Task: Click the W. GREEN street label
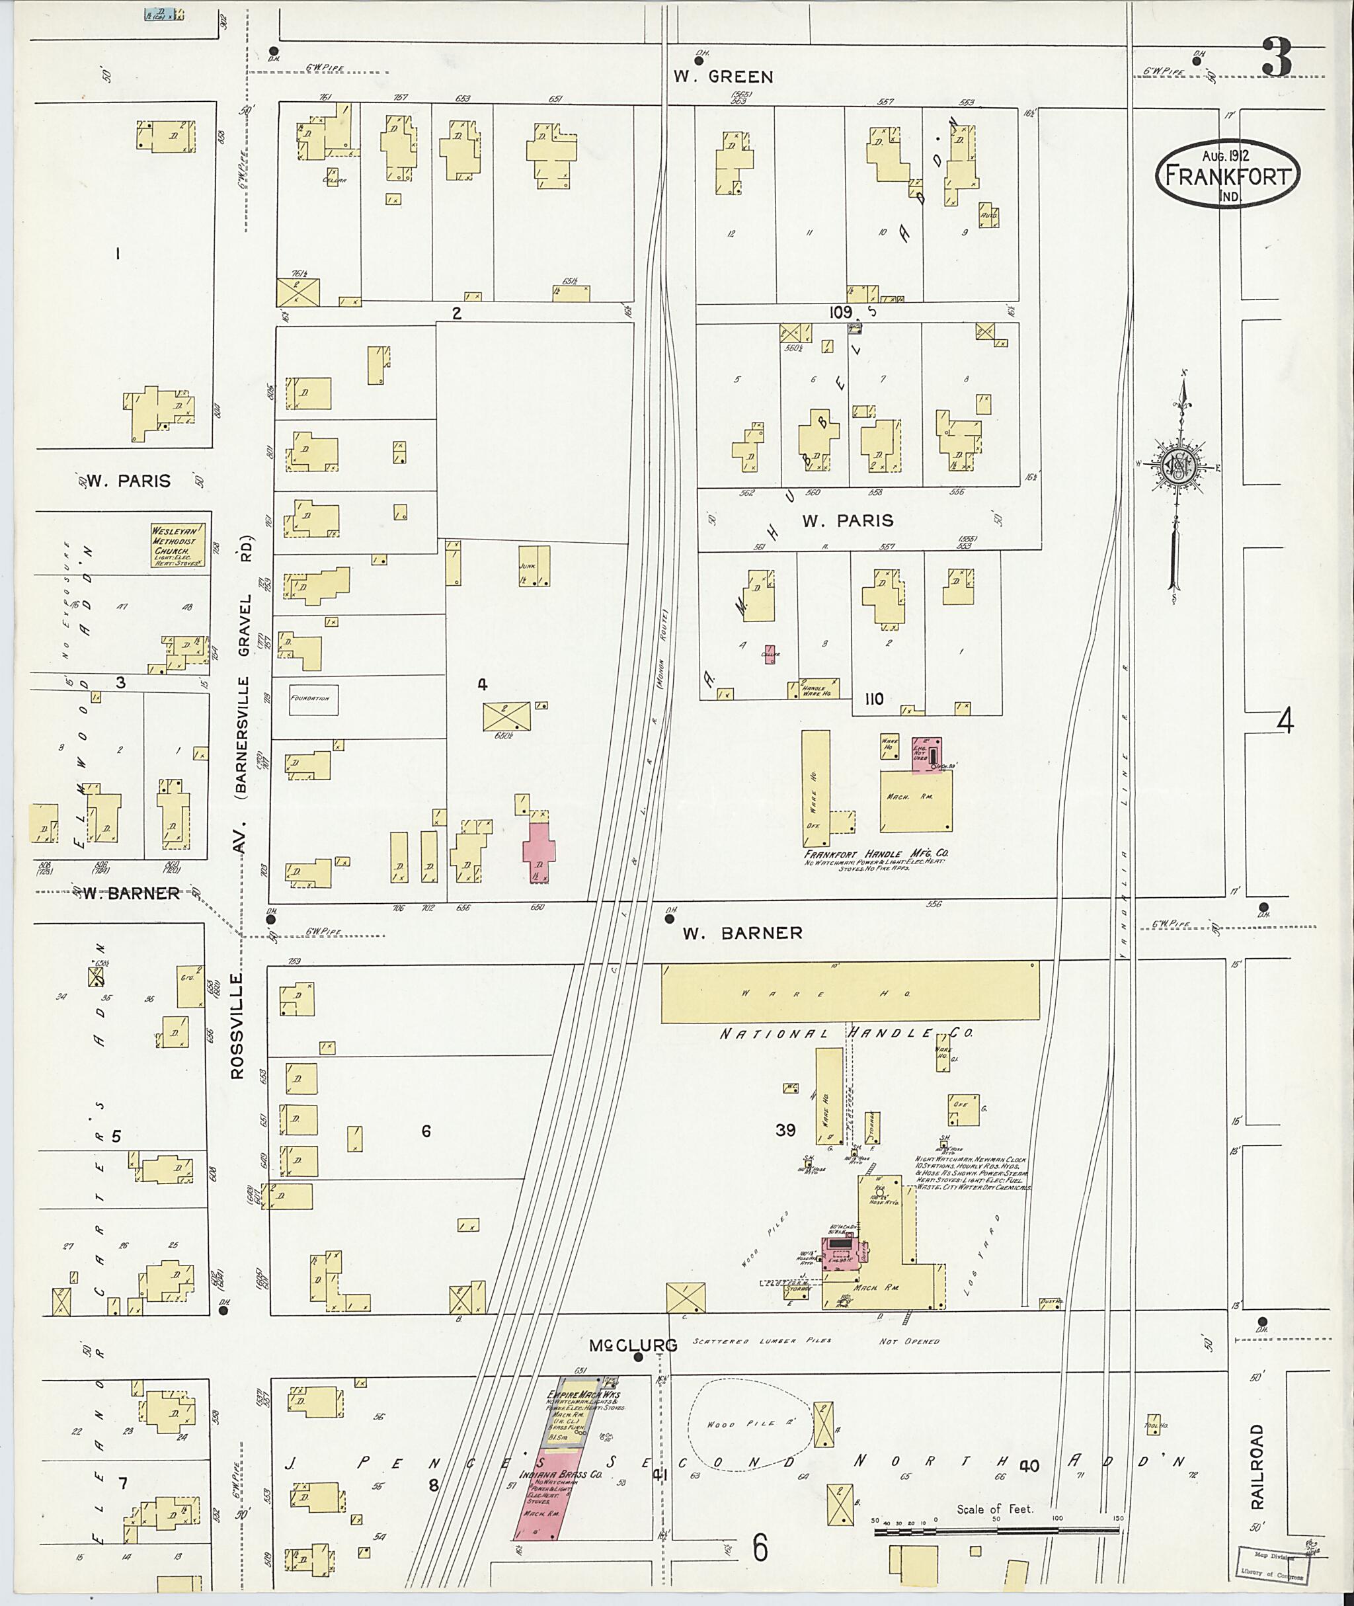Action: [x=723, y=76]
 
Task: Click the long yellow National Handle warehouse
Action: [x=850, y=992]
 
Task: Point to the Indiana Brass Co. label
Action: [x=549, y=1476]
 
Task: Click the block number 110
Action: [x=873, y=699]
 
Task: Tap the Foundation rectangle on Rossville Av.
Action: [x=313, y=699]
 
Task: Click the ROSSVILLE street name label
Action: [x=237, y=1026]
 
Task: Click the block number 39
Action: [x=785, y=1129]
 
